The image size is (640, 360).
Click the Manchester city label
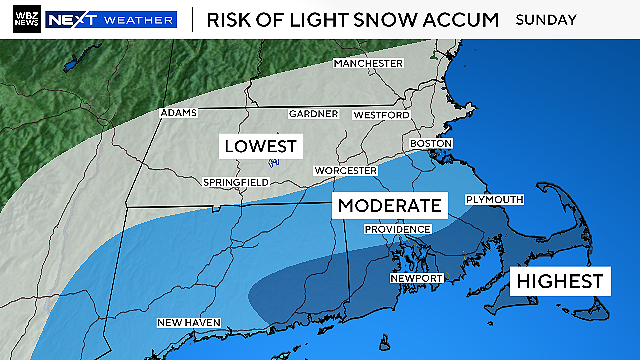(369, 63)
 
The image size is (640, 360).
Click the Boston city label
(431, 144)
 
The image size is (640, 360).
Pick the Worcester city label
(345, 171)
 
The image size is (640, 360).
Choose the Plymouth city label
(494, 199)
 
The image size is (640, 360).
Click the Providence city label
(396, 229)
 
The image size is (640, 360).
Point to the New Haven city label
(189, 322)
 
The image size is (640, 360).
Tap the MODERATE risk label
(389, 207)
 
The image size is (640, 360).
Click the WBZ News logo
(22, 19)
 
